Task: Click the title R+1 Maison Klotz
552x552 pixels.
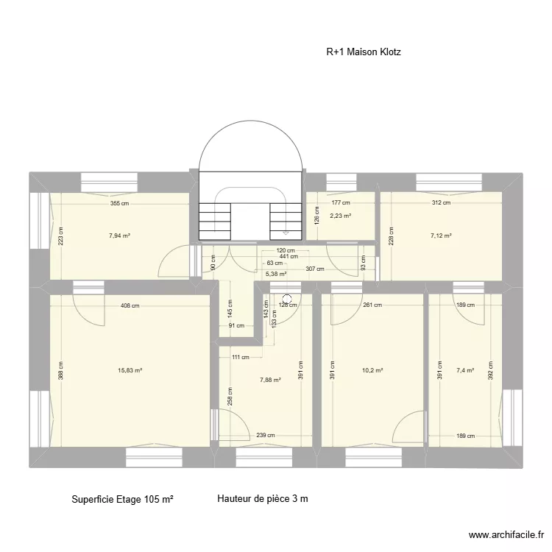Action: pos(364,52)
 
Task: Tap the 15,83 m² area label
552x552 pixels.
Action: pos(130,371)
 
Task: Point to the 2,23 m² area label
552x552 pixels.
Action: pos(340,216)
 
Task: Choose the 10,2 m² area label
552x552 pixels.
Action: pos(372,371)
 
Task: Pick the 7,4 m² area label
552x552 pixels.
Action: pos(465,371)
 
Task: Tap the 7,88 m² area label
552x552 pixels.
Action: pos(270,380)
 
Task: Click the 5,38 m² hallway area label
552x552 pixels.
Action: pos(276,275)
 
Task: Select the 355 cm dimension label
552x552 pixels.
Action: pos(120,203)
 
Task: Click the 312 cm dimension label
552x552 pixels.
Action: pos(441,203)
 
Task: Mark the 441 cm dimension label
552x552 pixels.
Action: pos(279,256)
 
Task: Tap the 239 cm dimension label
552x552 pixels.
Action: pos(267,435)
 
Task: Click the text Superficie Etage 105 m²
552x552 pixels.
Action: pos(123,499)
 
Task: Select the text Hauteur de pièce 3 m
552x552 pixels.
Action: pos(263,499)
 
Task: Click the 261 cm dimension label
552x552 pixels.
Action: pos(372,305)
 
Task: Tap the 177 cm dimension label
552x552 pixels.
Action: pos(340,203)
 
